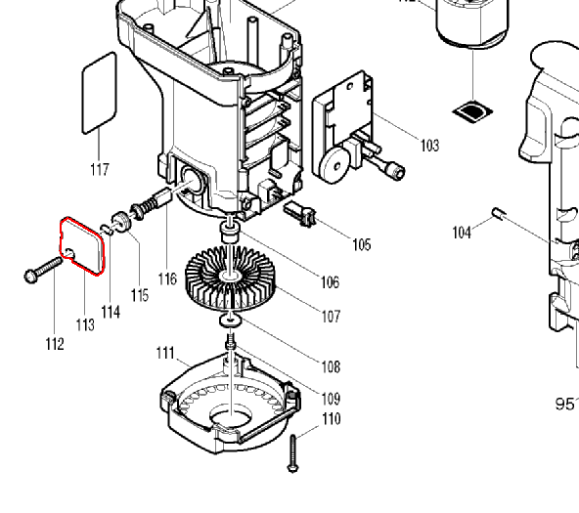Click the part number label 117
pyautogui.click(x=100, y=170)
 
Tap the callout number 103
pyautogui.click(x=430, y=146)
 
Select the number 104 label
pyautogui.click(x=462, y=233)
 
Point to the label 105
pyautogui.click(x=362, y=244)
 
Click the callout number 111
pyautogui.click(x=165, y=353)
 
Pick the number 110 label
pyautogui.click(x=331, y=419)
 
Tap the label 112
pyautogui.click(x=55, y=344)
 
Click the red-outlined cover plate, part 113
pyautogui.click(x=82, y=245)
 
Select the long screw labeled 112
pyautogui.click(x=43, y=270)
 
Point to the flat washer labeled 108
pyautogui.click(x=231, y=320)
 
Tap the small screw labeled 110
pyautogui.click(x=292, y=453)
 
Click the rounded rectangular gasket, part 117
pyautogui.click(x=99, y=93)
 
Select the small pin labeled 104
pyautogui.click(x=499, y=214)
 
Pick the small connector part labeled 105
pyautogui.click(x=299, y=214)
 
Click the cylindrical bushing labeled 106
pyautogui.click(x=230, y=233)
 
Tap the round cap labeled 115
pyautogui.click(x=121, y=222)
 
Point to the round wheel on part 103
pyautogui.click(x=334, y=166)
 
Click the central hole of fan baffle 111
pyautogui.click(x=231, y=416)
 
